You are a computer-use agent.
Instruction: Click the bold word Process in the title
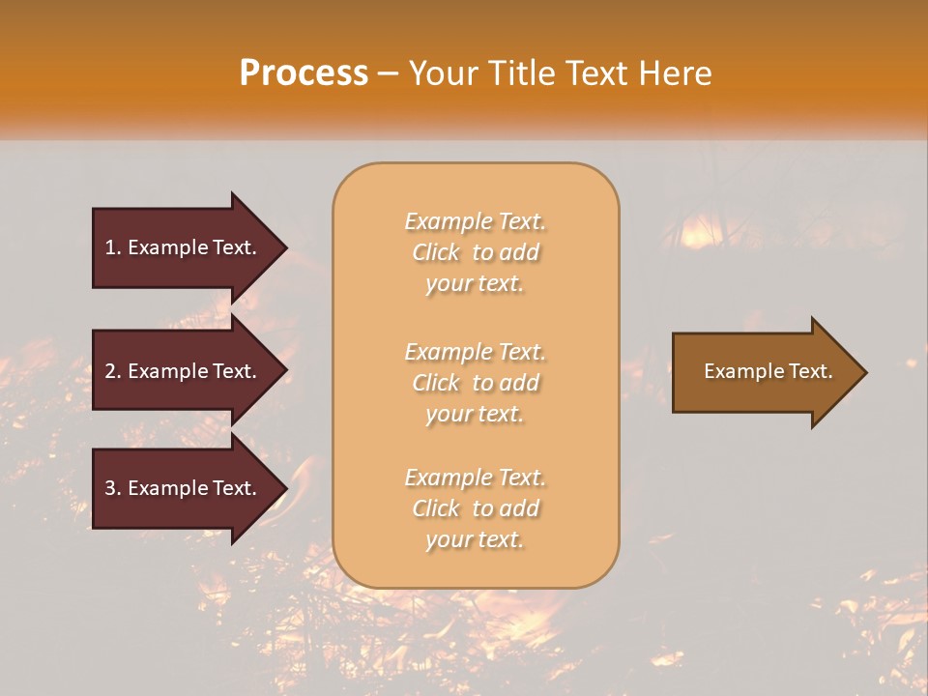coord(304,73)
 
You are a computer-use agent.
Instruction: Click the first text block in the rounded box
coord(475,252)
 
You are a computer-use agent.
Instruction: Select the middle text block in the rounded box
coord(475,383)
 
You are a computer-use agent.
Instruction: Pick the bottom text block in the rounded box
coord(475,508)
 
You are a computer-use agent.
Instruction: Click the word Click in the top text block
coord(436,252)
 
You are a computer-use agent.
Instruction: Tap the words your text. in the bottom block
coord(475,539)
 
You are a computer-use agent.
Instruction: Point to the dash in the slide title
coord(389,74)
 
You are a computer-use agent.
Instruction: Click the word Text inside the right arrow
coord(808,371)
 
